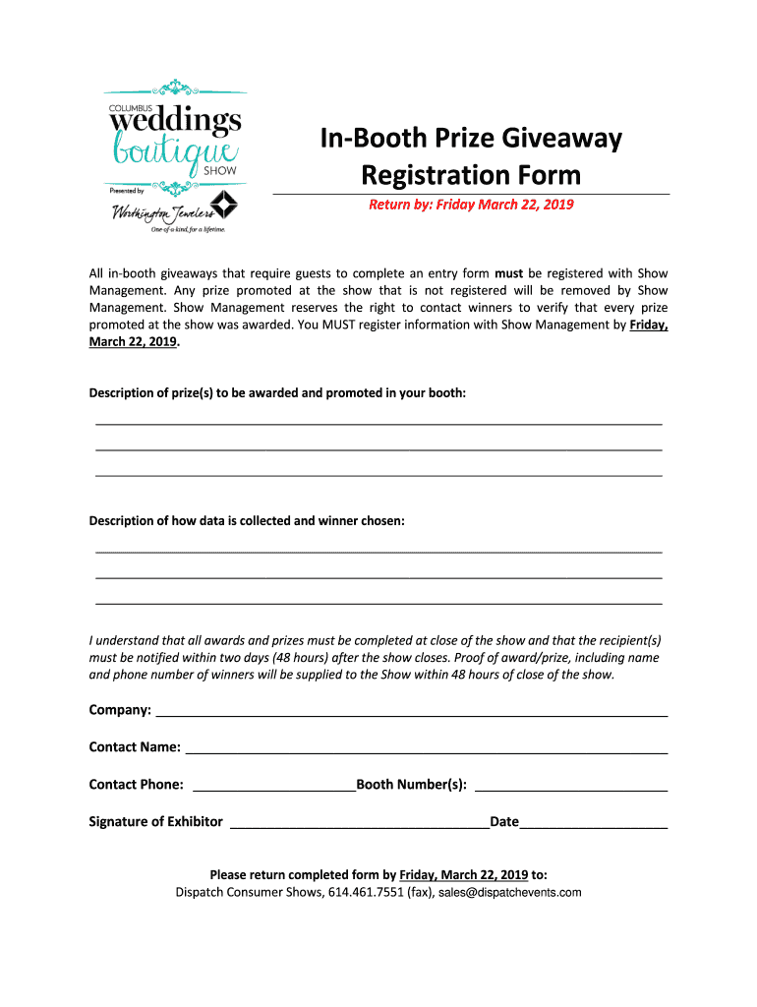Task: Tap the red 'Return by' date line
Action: (x=471, y=205)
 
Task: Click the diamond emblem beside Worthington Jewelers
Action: (x=226, y=205)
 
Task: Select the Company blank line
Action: (x=412, y=715)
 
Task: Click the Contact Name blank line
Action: (x=427, y=751)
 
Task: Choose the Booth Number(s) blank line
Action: (x=570, y=789)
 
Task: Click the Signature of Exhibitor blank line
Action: (x=359, y=826)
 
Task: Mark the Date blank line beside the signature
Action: (x=594, y=826)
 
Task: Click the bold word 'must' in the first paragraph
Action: (x=507, y=272)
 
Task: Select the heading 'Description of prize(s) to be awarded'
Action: (x=277, y=393)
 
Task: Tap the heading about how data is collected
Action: (x=247, y=521)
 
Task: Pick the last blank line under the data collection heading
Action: (x=378, y=602)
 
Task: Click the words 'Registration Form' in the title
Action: (x=471, y=175)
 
